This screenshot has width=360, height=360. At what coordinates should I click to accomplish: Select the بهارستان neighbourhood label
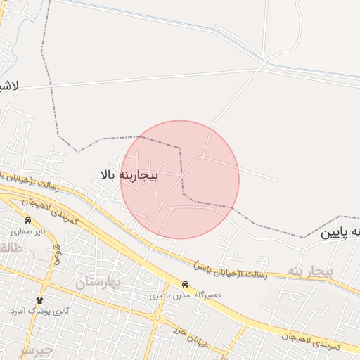click(x=98, y=283)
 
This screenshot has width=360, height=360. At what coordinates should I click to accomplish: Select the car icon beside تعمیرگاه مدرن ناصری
click(x=185, y=285)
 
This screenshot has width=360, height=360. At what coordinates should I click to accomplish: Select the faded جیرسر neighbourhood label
click(x=35, y=349)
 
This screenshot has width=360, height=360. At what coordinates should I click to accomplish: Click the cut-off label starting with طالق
click(x=10, y=247)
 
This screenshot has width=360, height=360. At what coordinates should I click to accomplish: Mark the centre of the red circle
click(x=180, y=179)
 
